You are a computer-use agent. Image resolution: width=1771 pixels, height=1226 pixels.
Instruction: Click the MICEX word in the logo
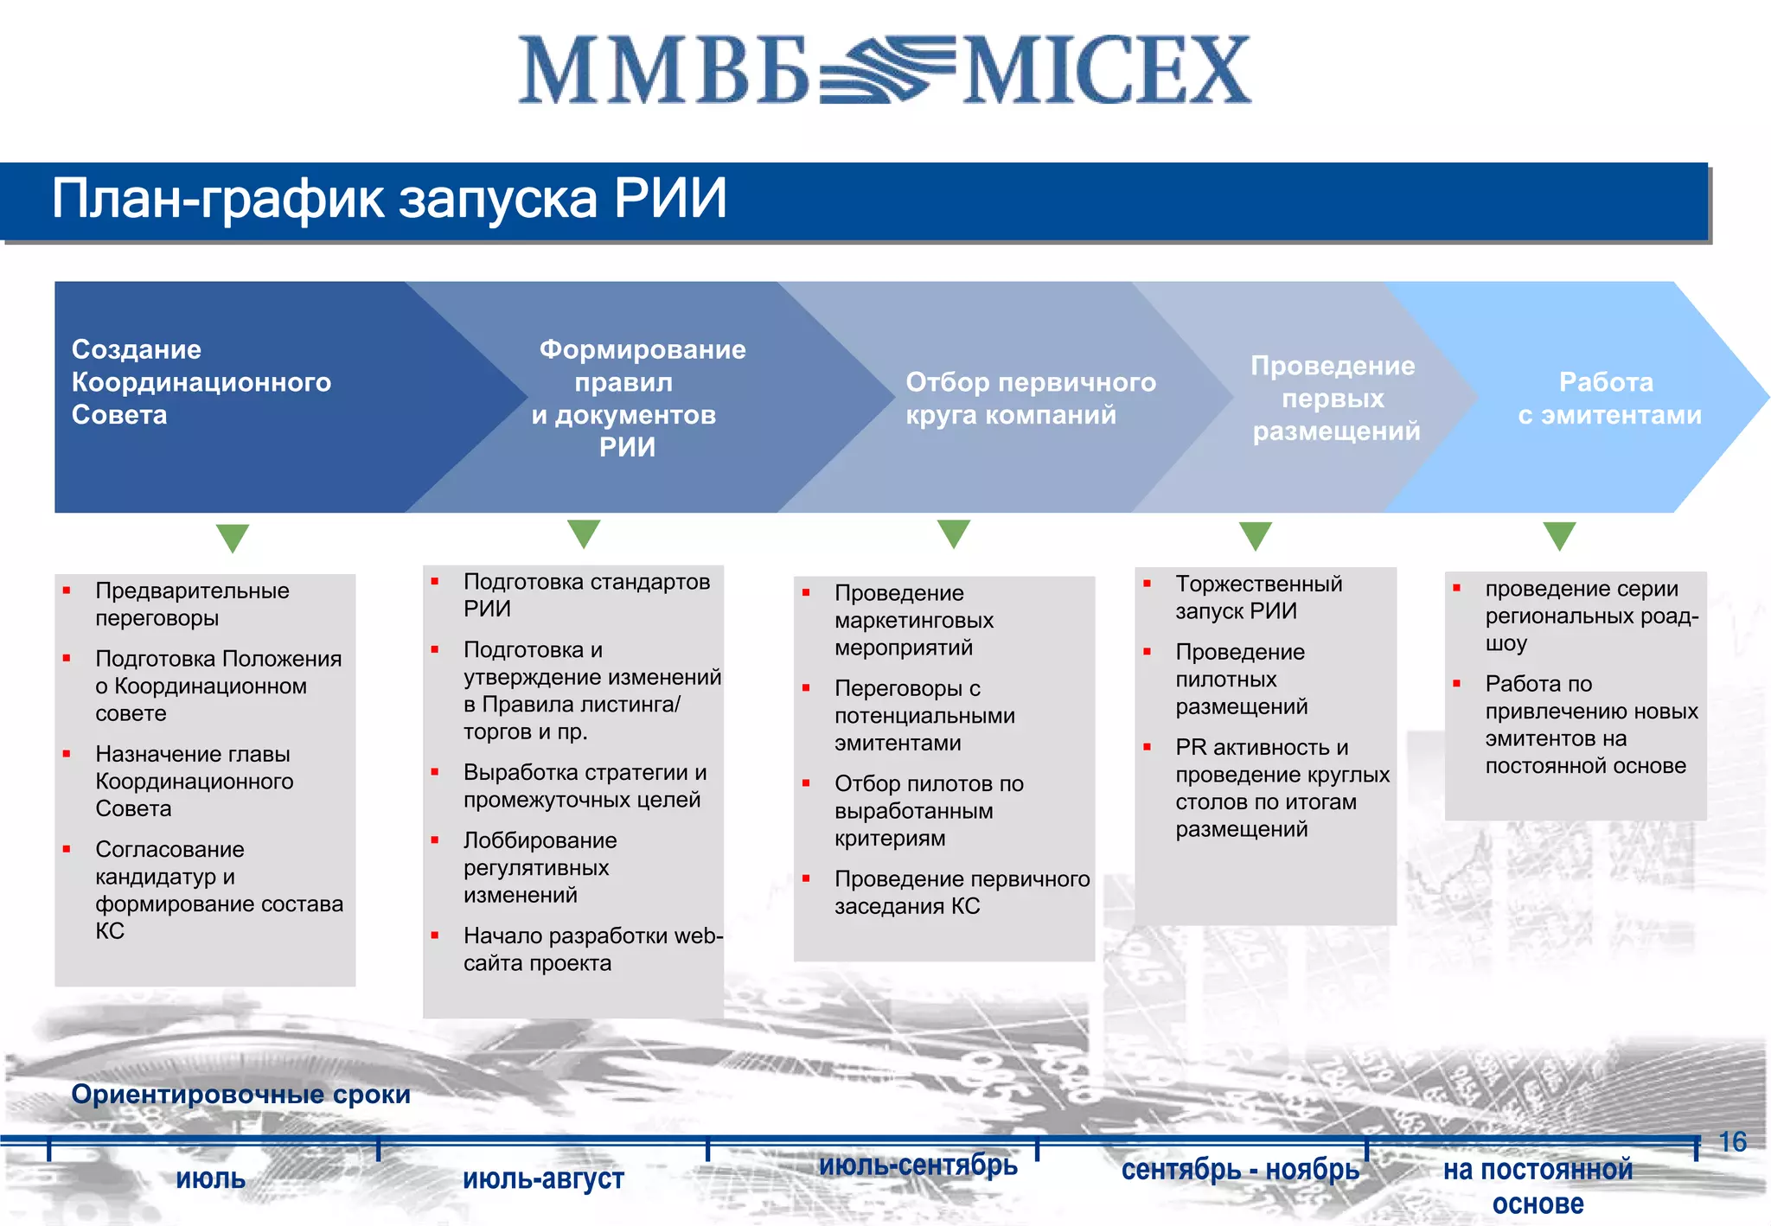tap(1107, 71)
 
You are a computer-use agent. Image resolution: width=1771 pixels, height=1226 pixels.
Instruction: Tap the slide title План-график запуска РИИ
tap(389, 199)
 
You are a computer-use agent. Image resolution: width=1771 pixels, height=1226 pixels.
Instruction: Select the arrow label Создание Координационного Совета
tap(201, 382)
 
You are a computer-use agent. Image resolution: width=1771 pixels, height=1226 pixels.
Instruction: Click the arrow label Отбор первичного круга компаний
tap(1030, 399)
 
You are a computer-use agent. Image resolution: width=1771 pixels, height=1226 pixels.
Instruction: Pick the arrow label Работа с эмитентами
tap(1608, 399)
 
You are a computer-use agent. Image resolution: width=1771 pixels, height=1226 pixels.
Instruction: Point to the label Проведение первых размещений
tap(1334, 399)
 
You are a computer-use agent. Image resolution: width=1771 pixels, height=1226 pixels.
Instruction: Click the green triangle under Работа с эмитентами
tap(1559, 535)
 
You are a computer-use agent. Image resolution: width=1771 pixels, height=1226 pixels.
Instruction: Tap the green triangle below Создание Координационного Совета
tap(233, 537)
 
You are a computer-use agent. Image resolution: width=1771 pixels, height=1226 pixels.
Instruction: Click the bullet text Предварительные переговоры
tap(192, 604)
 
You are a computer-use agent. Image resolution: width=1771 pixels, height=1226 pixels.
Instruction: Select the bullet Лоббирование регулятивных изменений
tap(540, 867)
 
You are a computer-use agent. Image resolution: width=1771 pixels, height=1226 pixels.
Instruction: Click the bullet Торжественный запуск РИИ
tap(1258, 597)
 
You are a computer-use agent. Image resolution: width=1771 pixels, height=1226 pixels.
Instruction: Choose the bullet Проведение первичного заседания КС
tap(961, 892)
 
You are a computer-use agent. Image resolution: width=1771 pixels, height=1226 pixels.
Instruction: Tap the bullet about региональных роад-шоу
tap(1590, 616)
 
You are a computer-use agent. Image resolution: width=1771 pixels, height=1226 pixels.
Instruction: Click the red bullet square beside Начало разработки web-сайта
tap(435, 935)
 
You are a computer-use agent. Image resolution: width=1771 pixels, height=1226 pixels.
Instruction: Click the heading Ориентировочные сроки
tap(240, 1095)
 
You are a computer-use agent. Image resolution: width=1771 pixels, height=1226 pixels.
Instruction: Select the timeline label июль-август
tap(543, 1178)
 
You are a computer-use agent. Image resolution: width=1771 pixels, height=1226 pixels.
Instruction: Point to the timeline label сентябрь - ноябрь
tap(1240, 1170)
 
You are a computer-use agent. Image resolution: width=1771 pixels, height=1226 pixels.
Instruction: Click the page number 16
tap(1732, 1142)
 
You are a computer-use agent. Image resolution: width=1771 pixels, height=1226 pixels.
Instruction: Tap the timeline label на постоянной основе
tap(1538, 1186)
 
